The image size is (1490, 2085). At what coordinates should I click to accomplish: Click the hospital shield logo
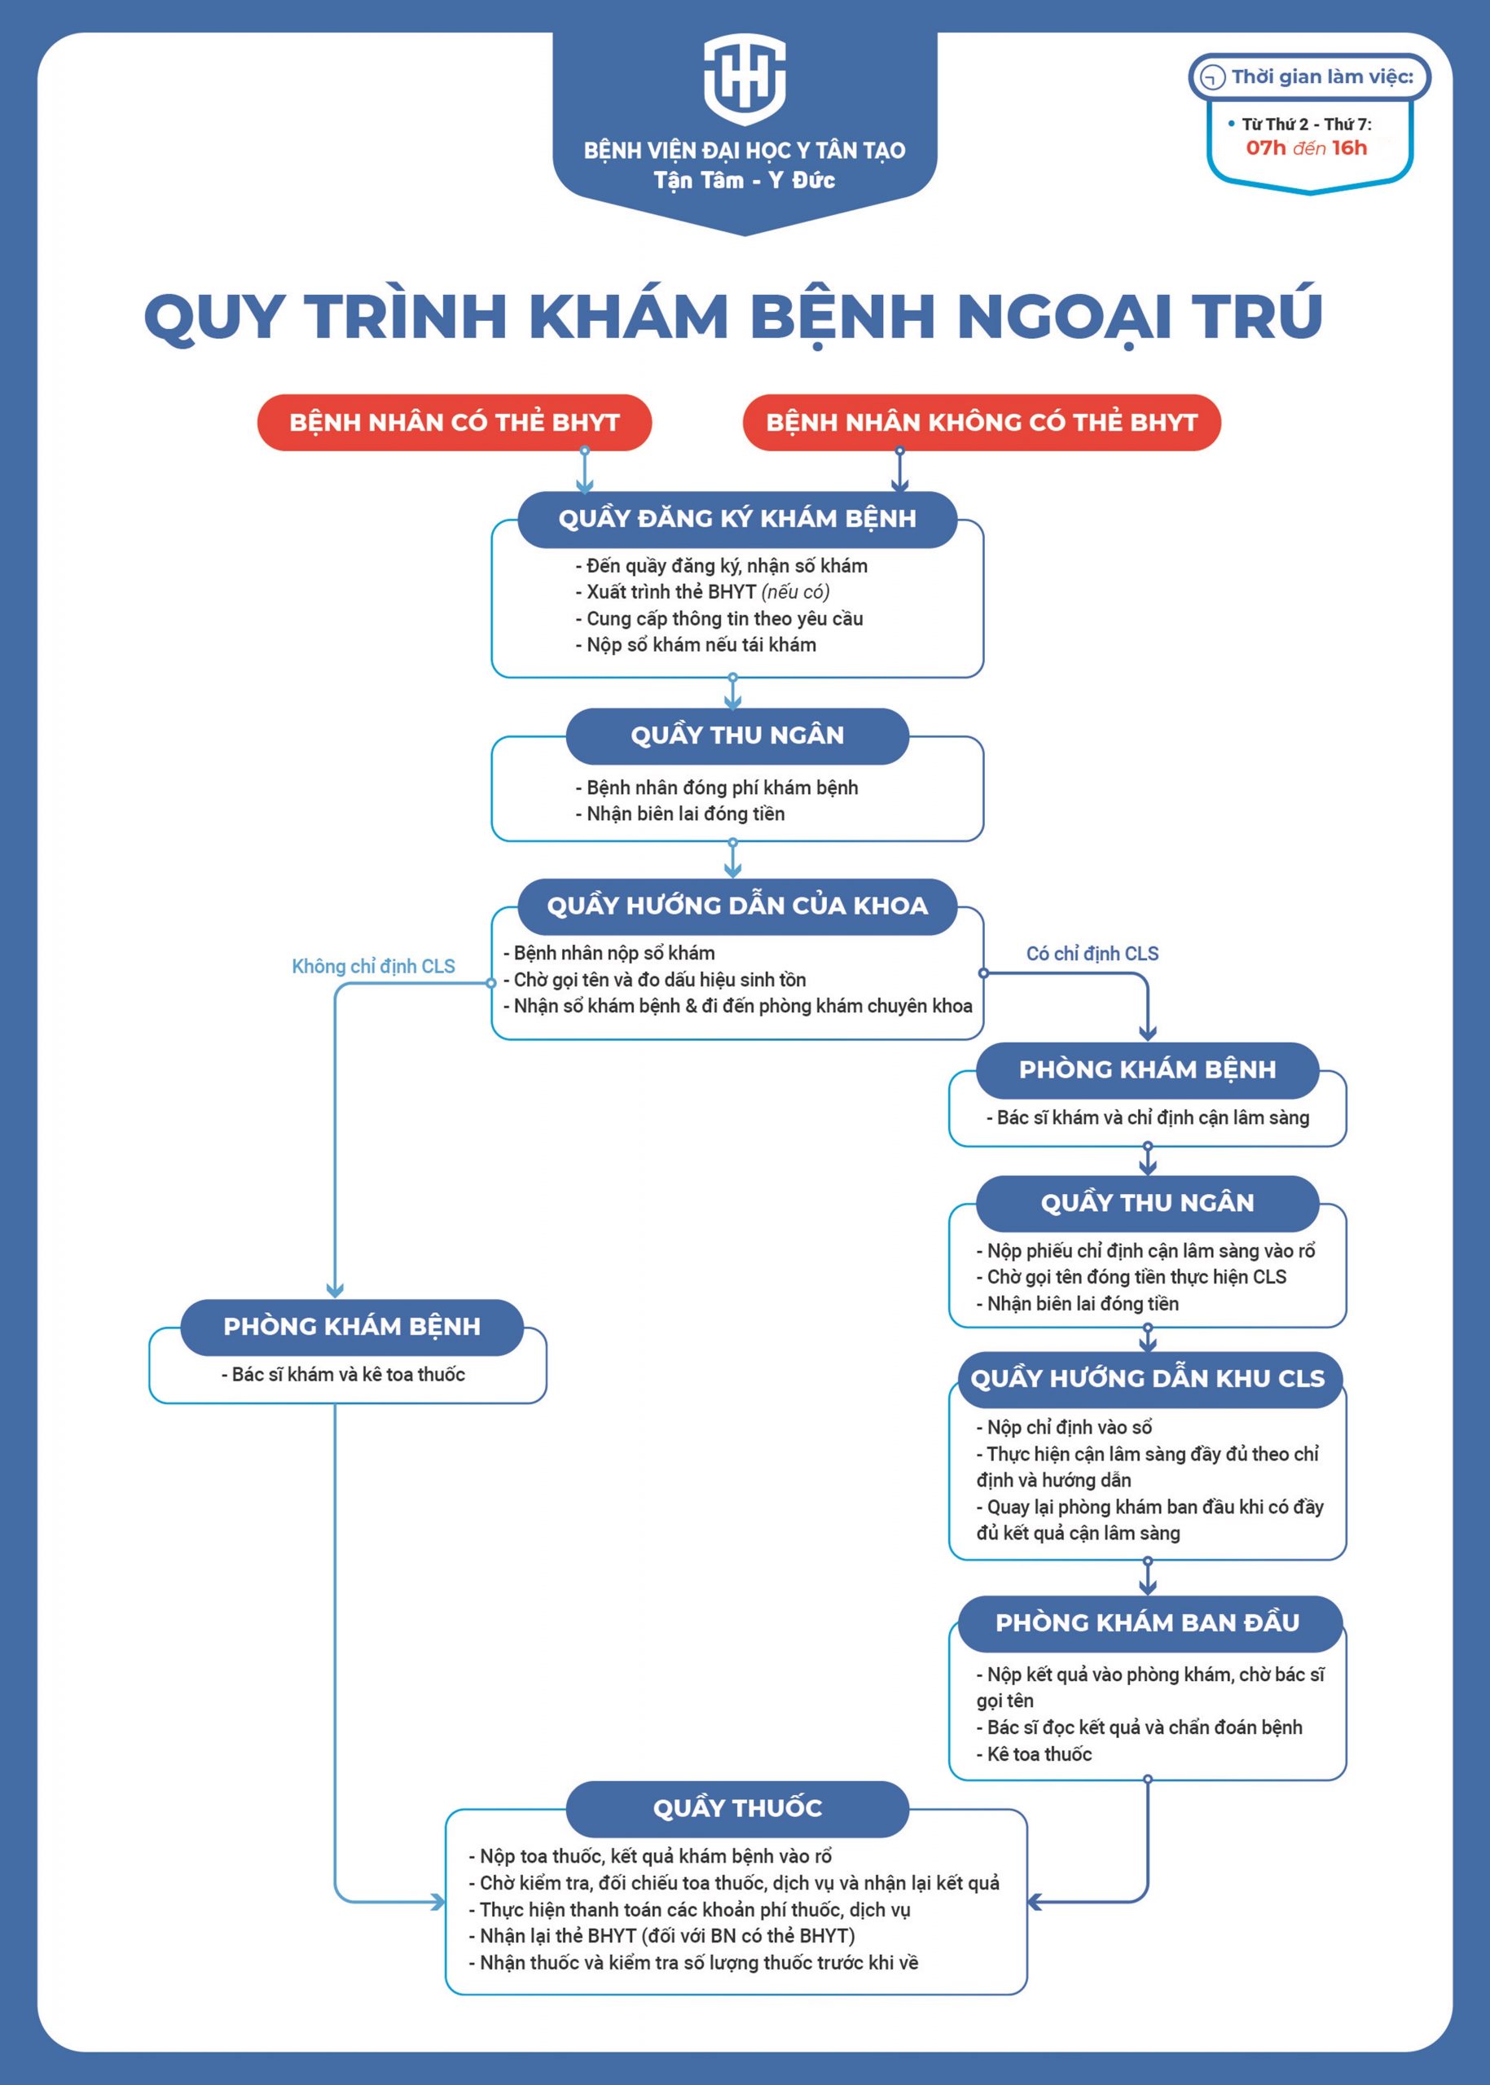744,80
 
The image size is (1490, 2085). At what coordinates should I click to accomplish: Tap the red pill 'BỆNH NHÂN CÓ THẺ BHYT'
454,423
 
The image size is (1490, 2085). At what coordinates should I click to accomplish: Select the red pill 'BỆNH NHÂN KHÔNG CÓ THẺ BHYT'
981,423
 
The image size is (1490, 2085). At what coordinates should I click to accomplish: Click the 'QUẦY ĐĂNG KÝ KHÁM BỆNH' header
736,519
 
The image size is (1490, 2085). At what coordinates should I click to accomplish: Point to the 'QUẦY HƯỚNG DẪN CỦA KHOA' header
736,906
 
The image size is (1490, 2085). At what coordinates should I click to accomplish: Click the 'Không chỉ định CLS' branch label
372,966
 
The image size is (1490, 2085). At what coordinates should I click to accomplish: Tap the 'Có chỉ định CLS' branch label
1092,953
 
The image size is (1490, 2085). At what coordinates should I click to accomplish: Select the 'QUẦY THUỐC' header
736,1808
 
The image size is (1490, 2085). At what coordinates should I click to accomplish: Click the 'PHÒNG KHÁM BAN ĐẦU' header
1147,1622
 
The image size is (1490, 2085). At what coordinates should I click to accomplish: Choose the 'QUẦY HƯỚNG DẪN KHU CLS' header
1147,1379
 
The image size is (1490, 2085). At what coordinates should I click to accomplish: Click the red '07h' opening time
1265,147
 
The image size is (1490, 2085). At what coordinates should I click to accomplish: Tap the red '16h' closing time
1349,147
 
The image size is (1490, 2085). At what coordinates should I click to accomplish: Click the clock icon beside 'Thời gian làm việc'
1213,77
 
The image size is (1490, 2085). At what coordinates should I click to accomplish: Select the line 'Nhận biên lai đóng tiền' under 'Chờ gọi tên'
1082,1303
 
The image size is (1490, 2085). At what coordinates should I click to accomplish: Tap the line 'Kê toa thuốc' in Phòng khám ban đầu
1039,1754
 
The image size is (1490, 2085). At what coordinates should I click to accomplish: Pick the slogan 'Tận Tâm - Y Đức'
744,181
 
